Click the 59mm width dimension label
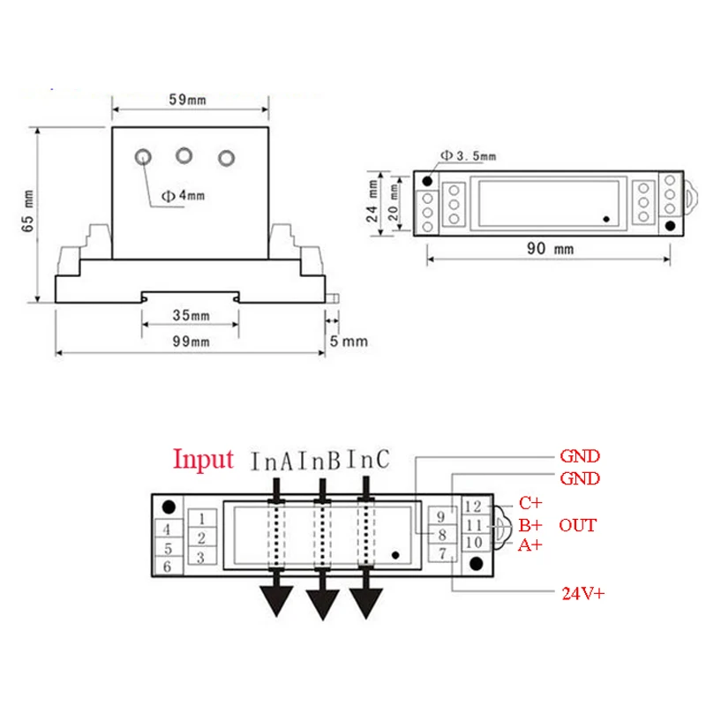click(187, 100)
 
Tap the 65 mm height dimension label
click(28, 211)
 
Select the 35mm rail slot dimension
click(191, 315)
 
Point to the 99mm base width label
click(191, 342)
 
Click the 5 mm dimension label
click(349, 341)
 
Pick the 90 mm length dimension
click(550, 249)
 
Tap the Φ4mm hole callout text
click(184, 195)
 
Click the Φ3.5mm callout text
click(469, 156)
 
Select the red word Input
click(204, 460)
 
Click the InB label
click(319, 461)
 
